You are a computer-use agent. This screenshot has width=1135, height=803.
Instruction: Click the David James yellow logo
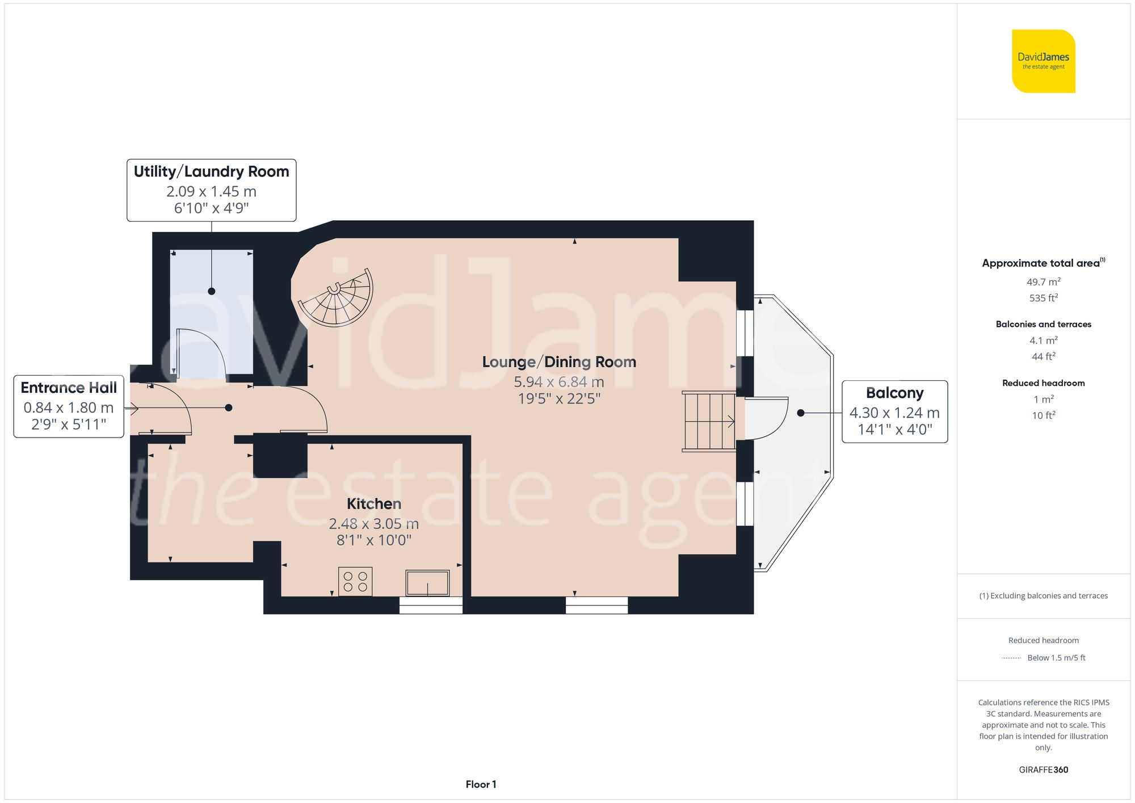1043,61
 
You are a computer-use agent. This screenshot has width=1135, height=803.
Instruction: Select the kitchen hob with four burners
355,581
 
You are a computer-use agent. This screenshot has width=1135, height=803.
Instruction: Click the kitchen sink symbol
427,583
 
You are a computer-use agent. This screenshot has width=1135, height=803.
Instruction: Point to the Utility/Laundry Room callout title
211,171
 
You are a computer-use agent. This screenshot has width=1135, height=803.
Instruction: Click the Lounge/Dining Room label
559,362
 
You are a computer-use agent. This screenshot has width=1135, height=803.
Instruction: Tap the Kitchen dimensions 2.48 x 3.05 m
373,523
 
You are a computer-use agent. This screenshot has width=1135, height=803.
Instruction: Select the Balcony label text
894,393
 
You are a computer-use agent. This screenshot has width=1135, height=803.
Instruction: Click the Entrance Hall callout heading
69,388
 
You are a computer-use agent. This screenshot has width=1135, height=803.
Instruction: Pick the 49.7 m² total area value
1043,281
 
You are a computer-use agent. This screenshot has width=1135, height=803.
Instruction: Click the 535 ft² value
1043,298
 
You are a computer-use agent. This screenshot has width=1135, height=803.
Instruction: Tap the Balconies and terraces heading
1043,324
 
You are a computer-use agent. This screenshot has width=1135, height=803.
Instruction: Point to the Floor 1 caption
481,784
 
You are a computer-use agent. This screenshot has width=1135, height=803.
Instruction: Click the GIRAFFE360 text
1043,770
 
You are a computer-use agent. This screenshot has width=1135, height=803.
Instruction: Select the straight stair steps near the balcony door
709,422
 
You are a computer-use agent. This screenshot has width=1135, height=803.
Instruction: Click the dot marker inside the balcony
801,413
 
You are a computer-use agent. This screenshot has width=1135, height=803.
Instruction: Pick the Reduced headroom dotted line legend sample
1011,658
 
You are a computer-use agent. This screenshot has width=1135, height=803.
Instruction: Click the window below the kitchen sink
431,606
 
